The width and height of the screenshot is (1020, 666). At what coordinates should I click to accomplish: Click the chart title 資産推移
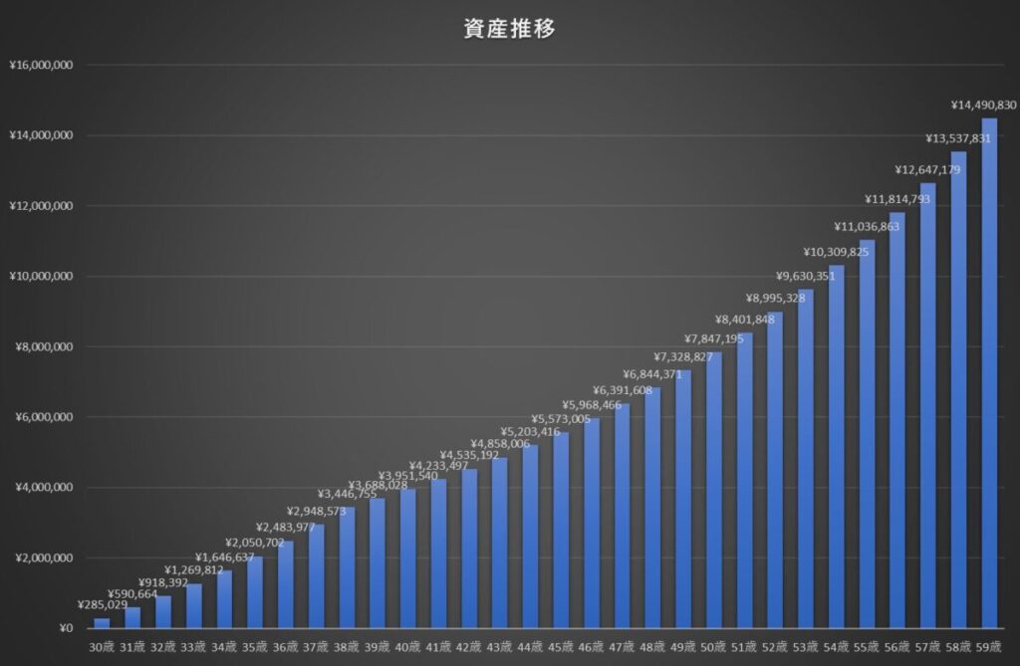tap(509, 29)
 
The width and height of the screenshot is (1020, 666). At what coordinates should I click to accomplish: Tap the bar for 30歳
tap(102, 623)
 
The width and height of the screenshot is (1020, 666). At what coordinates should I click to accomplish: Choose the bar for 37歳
tap(316, 576)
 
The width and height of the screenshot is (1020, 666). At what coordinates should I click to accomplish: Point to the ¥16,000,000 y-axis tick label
tap(40, 66)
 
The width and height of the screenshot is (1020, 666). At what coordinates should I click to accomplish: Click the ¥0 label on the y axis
tap(66, 628)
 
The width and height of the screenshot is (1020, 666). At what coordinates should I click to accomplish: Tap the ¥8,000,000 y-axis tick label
tap(43, 347)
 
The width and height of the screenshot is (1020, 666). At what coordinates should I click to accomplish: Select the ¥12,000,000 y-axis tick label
tap(40, 206)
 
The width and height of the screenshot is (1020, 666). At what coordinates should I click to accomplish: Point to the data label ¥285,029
tap(103, 604)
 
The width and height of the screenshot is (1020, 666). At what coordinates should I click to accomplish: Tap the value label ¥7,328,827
tap(683, 356)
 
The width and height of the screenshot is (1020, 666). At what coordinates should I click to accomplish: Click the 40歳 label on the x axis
tap(408, 647)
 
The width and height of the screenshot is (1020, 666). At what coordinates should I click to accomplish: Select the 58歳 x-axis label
tap(959, 647)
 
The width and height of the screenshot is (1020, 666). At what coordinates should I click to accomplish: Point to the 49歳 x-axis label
tap(683, 647)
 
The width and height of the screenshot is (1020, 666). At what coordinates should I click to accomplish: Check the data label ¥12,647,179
tap(927, 169)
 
